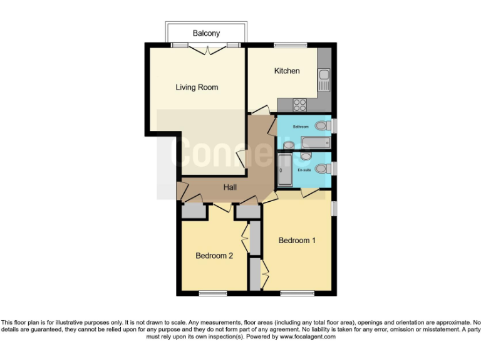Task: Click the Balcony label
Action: point(206,33)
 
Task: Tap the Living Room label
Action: point(197,88)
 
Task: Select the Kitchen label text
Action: point(287,71)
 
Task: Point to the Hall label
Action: point(230,186)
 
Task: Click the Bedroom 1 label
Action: point(297,241)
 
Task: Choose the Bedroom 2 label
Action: point(214,256)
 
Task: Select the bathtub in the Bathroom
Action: point(316,141)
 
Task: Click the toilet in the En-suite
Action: point(321,168)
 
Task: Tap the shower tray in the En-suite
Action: point(284,170)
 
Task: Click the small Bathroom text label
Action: point(301,127)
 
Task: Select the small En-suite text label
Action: point(304,170)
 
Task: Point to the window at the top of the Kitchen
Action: point(286,44)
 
